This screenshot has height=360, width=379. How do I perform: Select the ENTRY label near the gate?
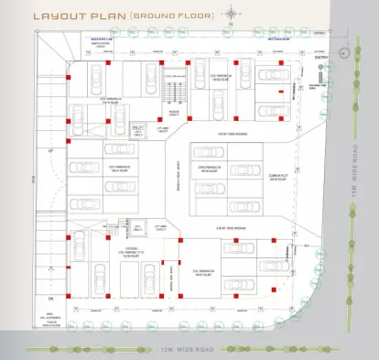(320, 59)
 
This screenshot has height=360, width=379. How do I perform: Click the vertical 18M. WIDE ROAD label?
(352, 212)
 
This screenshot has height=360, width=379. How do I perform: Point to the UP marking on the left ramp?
(51, 151)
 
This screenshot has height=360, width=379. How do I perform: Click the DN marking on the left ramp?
(51, 274)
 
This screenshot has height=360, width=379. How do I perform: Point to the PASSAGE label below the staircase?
(175, 113)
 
